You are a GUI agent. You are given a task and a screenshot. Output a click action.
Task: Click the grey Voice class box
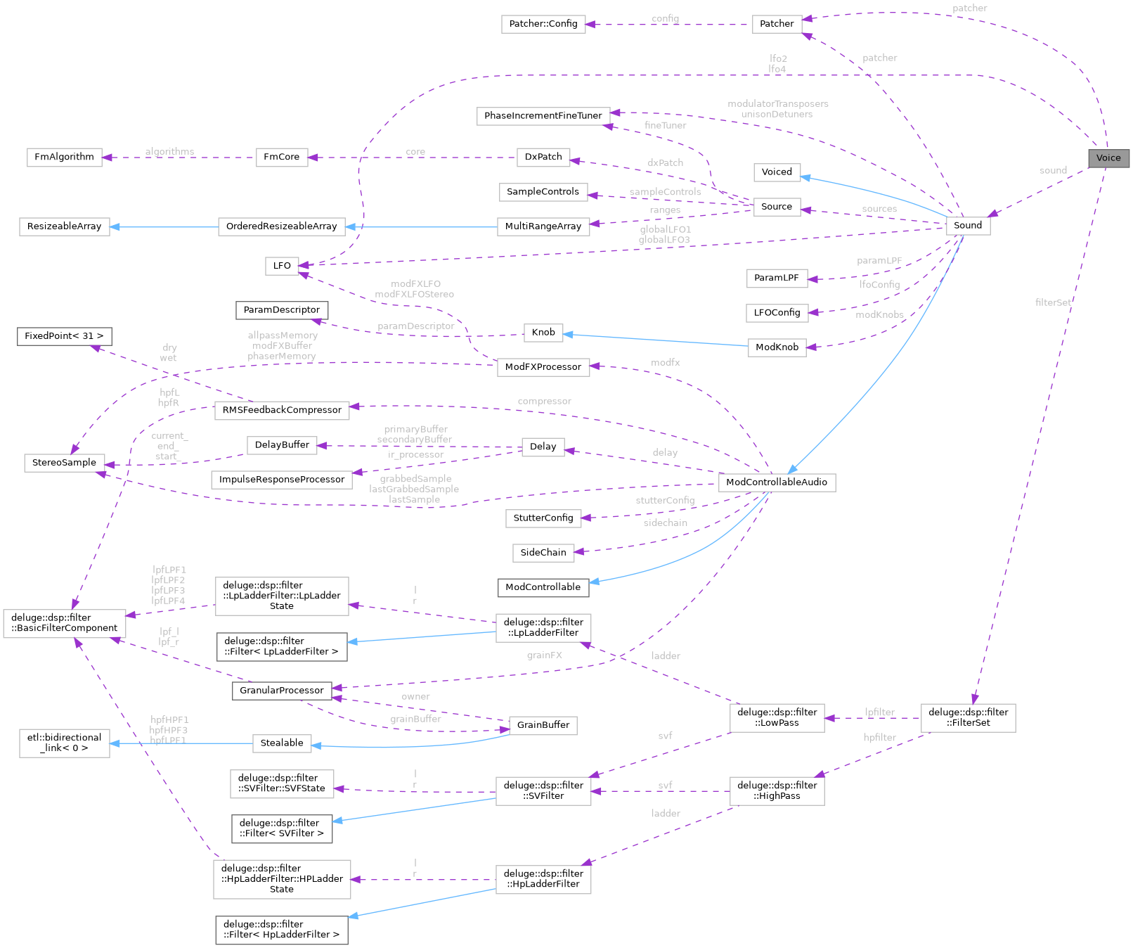tap(1108, 158)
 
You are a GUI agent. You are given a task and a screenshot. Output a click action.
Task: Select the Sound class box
tap(968, 226)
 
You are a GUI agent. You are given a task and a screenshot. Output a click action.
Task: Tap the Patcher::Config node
tap(543, 24)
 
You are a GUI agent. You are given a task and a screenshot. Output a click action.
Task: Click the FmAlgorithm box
tap(64, 158)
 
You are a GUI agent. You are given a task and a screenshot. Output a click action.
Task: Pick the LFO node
tap(282, 266)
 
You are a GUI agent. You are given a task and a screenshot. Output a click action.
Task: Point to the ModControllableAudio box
tap(777, 482)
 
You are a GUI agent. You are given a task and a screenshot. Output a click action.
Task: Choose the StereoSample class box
tap(64, 463)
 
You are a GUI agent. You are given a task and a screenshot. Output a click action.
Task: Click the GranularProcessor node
tap(282, 691)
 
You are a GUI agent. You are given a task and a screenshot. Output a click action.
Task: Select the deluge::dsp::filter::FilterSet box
tap(968, 717)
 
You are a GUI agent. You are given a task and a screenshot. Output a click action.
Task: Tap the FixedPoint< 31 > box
tap(64, 336)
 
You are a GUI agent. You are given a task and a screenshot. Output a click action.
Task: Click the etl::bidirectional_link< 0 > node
tap(64, 743)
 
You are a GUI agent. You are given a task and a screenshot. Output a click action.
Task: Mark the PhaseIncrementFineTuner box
tap(543, 116)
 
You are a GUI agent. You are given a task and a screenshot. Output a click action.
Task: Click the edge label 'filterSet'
tap(1053, 302)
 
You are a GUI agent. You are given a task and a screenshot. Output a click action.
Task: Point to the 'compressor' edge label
tap(544, 402)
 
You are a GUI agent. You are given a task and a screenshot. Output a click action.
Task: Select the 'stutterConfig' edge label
tap(665, 501)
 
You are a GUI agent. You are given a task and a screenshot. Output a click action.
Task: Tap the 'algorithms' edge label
tap(169, 152)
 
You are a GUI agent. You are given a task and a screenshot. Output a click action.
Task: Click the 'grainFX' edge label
tap(545, 655)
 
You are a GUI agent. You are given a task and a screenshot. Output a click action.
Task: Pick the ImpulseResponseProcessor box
tap(282, 480)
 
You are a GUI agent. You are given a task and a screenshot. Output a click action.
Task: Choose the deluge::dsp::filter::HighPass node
tap(777, 790)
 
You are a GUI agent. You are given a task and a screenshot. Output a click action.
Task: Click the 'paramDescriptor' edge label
tap(415, 326)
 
